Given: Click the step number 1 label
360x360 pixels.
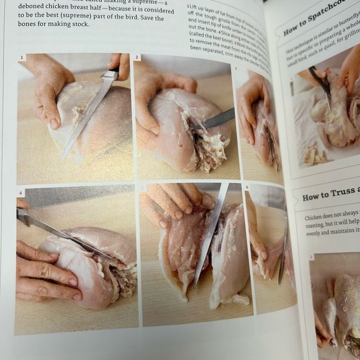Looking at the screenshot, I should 23,58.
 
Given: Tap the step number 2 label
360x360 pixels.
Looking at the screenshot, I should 138,58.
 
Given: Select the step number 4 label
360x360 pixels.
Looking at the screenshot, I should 20,193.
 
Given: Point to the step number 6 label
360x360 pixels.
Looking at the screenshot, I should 247,186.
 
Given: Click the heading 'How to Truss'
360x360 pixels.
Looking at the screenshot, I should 330,196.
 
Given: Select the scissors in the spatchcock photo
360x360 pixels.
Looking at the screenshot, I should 321,84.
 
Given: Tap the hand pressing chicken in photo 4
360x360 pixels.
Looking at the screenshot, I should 40,273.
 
